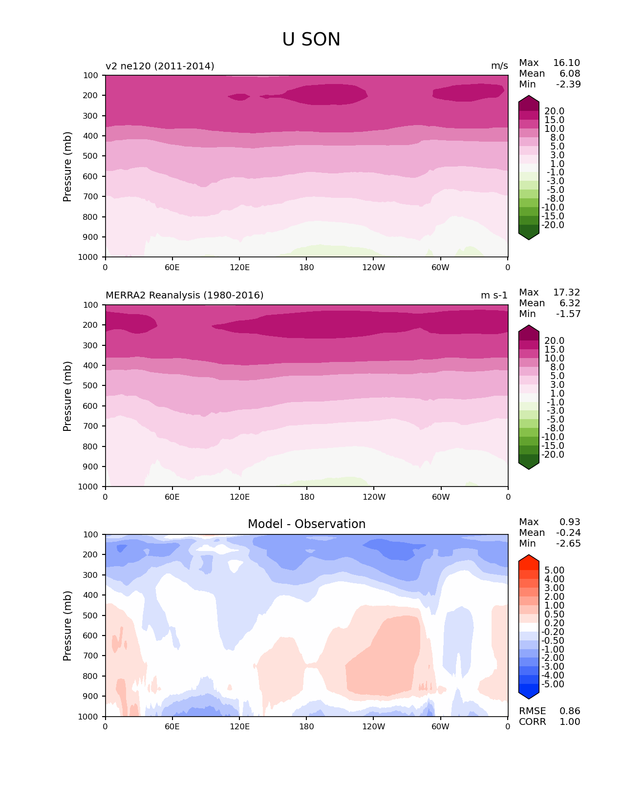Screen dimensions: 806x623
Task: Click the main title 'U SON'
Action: click(x=311, y=40)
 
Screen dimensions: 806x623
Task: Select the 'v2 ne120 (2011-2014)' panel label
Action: click(x=160, y=66)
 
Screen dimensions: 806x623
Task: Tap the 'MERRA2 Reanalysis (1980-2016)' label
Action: click(x=184, y=296)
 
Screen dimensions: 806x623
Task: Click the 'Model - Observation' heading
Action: click(x=306, y=524)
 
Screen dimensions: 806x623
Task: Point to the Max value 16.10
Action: click(x=566, y=63)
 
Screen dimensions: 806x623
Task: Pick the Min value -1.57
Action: click(x=568, y=314)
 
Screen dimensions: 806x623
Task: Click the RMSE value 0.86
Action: click(x=570, y=711)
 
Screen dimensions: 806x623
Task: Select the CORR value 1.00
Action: click(x=570, y=722)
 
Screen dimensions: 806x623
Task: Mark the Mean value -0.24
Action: click(x=568, y=533)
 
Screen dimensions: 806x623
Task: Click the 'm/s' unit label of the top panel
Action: click(x=499, y=66)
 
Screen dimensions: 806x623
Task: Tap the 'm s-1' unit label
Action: click(x=494, y=296)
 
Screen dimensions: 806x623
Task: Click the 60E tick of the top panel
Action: click(x=172, y=267)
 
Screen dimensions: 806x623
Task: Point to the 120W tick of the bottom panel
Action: click(x=374, y=726)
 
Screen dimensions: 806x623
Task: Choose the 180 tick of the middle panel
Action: click(x=307, y=497)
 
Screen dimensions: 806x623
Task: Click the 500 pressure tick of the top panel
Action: click(x=91, y=156)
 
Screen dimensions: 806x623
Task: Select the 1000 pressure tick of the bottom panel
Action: click(x=88, y=717)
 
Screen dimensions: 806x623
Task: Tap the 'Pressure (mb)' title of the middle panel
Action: click(x=67, y=396)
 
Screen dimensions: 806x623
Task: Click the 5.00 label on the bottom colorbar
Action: click(x=554, y=571)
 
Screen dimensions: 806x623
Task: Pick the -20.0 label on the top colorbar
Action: click(x=553, y=225)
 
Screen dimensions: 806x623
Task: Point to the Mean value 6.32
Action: click(x=570, y=303)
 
